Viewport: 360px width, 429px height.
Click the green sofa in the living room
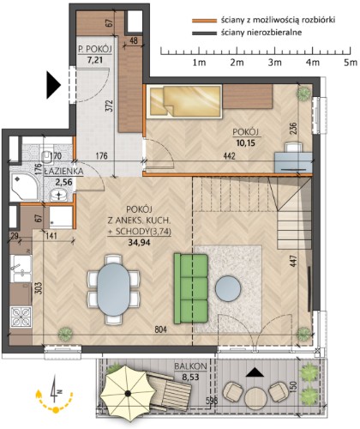[x=191, y=288]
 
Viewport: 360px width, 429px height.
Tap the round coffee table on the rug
[x=228, y=288]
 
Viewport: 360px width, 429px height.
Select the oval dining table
[x=113, y=289]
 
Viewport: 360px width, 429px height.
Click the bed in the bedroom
[x=184, y=101]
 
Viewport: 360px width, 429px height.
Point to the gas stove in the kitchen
[x=21, y=317]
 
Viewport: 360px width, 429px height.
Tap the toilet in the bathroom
[x=47, y=154]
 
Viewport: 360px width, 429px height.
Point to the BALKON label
[x=190, y=366]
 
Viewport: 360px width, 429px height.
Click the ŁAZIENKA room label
[x=63, y=172]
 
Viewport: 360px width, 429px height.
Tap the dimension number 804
[x=160, y=329]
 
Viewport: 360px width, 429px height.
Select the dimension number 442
[x=229, y=156]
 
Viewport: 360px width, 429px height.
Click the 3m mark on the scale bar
[x=274, y=63]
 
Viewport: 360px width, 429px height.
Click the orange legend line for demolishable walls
[x=204, y=21]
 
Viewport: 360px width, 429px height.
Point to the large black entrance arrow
[x=54, y=85]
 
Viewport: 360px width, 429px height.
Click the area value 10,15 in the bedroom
[x=246, y=142]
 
